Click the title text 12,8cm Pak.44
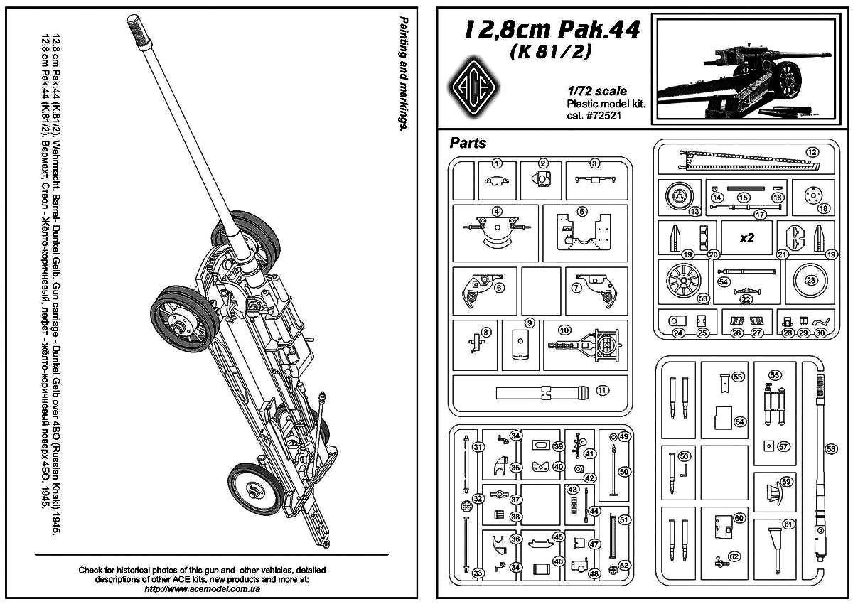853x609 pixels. point(552,29)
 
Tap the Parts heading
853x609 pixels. point(468,143)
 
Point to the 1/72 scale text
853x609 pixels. point(597,91)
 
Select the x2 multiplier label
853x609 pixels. point(746,238)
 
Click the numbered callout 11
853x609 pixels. point(602,389)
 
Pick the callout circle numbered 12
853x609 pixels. point(812,151)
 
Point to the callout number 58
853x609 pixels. point(831,448)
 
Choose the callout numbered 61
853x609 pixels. point(789,524)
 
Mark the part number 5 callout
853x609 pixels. point(581,212)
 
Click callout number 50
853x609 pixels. point(625,471)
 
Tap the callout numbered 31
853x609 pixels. point(478,446)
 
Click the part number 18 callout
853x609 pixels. point(824,208)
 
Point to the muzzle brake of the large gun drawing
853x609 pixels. point(136,30)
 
